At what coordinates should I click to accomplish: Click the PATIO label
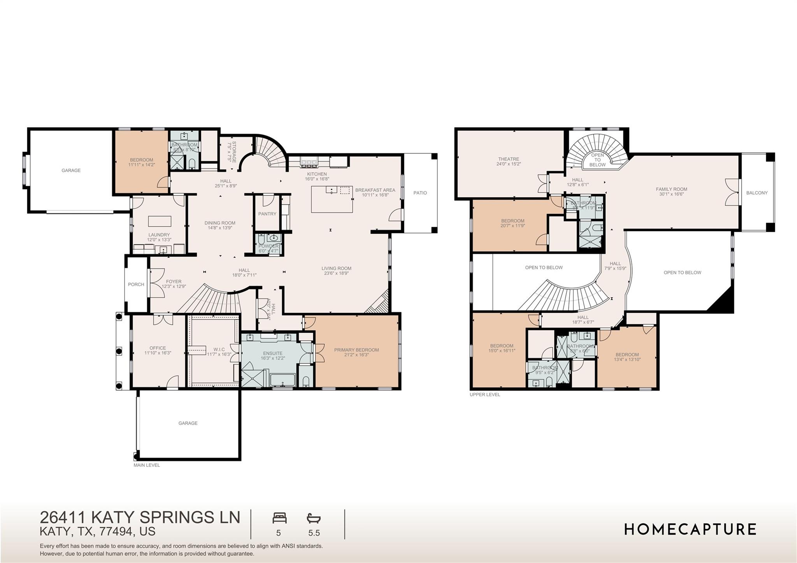420,193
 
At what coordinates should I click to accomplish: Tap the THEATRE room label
509,159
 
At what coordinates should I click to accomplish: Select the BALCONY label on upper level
757,193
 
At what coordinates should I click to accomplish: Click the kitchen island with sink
332,199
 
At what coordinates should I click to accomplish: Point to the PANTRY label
267,214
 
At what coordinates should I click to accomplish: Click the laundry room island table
160,221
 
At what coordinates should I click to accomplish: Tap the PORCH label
136,284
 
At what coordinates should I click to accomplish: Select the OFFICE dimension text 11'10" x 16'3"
158,353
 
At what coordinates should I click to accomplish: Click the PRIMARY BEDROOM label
356,350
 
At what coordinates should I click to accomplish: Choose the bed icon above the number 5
279,518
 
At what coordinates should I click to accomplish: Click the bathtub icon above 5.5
314,518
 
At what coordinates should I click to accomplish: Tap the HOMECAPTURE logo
690,529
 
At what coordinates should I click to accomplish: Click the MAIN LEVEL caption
147,465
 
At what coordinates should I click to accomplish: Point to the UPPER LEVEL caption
485,395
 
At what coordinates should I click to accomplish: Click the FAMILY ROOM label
671,189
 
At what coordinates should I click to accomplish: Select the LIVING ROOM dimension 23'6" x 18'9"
336,273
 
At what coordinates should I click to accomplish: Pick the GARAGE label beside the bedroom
71,170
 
